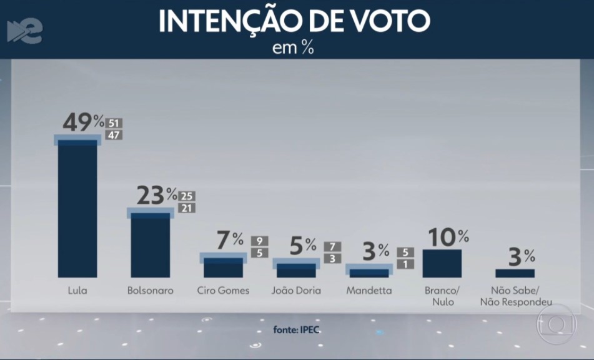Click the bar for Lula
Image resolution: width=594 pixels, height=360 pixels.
(x=77, y=209)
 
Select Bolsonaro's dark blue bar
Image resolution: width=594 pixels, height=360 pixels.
(x=150, y=245)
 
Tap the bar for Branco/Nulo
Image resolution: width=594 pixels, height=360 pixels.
(x=442, y=263)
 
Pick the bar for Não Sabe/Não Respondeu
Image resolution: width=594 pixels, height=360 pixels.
(x=515, y=273)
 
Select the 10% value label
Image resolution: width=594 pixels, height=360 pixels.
(x=447, y=236)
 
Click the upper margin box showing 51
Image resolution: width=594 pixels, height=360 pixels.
(x=114, y=123)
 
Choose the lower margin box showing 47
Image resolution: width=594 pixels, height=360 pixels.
(x=114, y=135)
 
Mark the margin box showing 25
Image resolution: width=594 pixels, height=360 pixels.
(x=187, y=196)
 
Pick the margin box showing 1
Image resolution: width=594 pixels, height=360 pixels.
(x=405, y=264)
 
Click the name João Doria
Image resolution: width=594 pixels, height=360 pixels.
(x=296, y=291)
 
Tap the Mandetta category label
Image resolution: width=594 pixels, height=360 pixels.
(x=369, y=291)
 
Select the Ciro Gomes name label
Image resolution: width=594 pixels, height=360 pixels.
(x=223, y=291)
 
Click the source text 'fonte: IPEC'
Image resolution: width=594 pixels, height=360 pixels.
(x=297, y=329)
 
